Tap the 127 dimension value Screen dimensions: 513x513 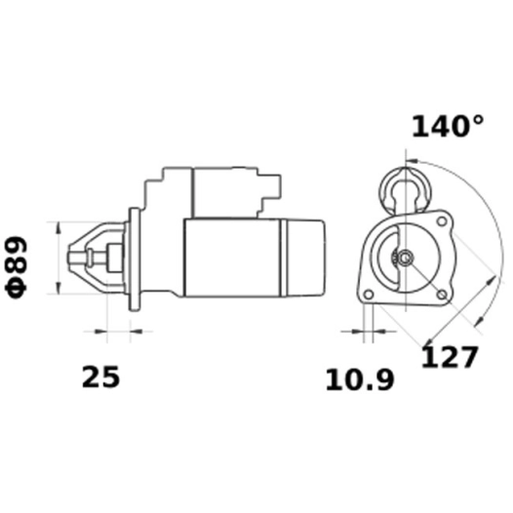pos(450,357)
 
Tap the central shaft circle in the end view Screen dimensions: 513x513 pos(402,258)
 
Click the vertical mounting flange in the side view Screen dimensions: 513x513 pos(133,257)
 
